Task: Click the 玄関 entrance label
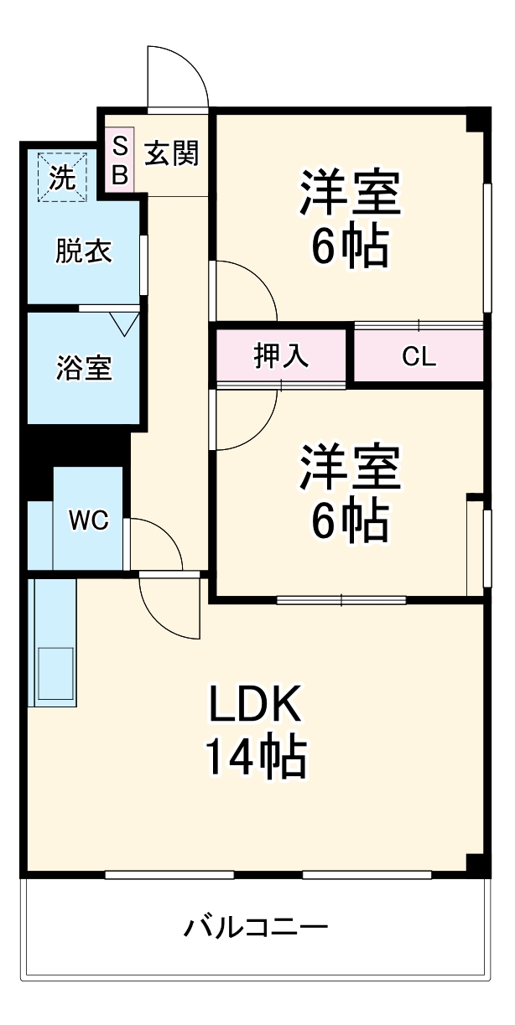(x=172, y=153)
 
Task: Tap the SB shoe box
(x=120, y=161)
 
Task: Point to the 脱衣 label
(x=84, y=251)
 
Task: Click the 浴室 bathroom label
(x=84, y=368)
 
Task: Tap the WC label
(x=88, y=520)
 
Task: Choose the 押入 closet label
(x=281, y=356)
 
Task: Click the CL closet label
(x=419, y=357)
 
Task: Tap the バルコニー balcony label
(x=256, y=928)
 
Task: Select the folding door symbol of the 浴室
(x=124, y=322)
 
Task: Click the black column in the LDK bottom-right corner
(x=476, y=863)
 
